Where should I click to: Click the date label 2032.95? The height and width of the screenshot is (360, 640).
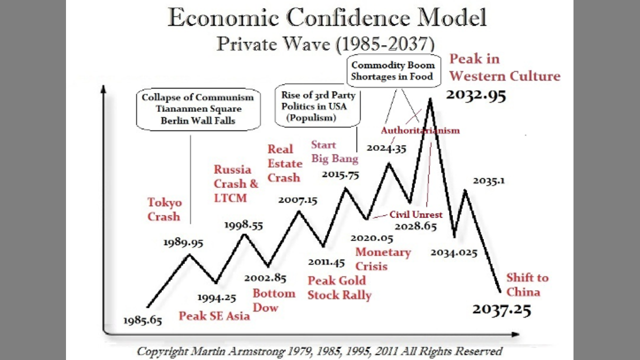click(475, 94)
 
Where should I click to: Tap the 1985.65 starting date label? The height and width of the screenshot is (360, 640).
click(143, 320)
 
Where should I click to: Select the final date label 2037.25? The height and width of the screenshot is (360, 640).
click(501, 309)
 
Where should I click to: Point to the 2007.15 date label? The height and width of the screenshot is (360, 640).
click(298, 200)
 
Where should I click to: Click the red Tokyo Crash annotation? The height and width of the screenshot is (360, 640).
click(164, 209)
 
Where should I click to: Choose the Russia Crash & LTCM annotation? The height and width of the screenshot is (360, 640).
click(235, 183)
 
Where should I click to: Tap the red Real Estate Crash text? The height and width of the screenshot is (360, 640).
click(284, 163)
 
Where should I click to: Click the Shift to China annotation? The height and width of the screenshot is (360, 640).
click(527, 284)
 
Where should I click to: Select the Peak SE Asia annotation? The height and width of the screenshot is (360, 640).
click(214, 316)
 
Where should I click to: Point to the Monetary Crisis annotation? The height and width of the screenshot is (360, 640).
click(382, 259)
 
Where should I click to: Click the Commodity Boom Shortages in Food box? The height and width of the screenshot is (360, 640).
click(392, 71)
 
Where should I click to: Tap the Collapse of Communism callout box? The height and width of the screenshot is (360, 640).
click(198, 109)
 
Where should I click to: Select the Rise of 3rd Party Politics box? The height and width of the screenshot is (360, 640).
click(318, 105)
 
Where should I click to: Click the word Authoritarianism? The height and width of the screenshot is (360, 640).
click(420, 130)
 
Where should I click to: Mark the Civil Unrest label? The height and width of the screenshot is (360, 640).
click(416, 214)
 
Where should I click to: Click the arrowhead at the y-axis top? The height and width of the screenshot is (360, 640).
click(103, 89)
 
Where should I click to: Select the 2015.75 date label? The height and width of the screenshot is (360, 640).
click(340, 174)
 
